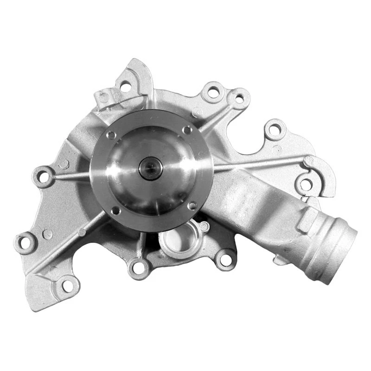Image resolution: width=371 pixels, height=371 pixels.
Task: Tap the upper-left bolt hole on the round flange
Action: click(x=111, y=135)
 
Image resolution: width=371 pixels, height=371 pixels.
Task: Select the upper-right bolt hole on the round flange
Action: click(x=187, y=130)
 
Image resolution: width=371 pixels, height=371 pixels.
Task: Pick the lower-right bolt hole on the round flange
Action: click(x=192, y=205)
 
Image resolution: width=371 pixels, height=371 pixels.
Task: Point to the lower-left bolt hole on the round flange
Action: click(x=115, y=211)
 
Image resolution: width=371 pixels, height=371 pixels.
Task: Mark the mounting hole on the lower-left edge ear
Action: click(x=26, y=242)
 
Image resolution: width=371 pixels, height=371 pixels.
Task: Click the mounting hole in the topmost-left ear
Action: click(x=125, y=86)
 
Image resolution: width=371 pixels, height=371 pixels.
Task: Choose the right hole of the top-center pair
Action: click(x=239, y=98)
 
